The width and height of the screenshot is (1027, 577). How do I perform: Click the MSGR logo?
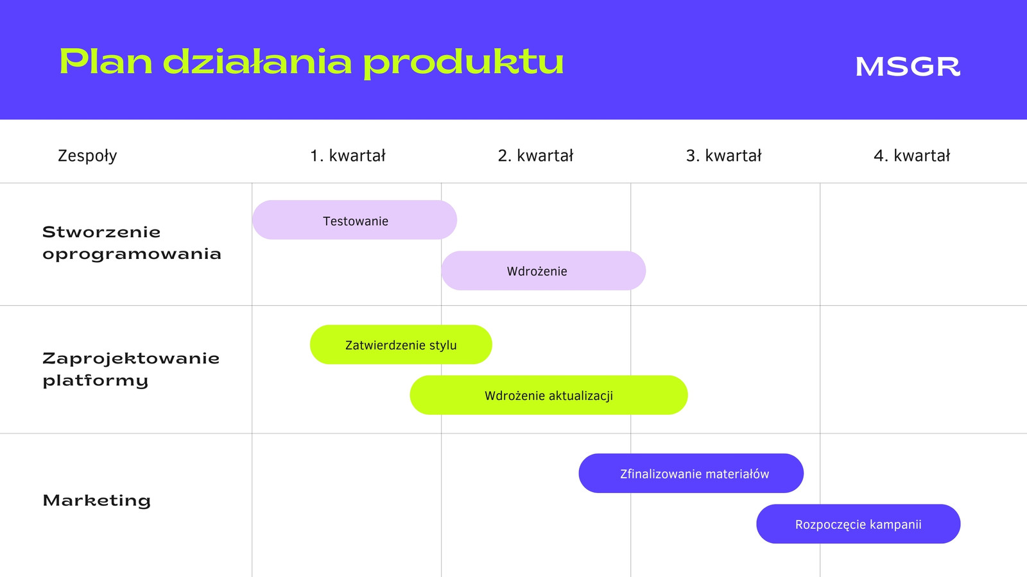coord(908,67)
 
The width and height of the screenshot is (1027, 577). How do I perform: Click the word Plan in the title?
coord(106,62)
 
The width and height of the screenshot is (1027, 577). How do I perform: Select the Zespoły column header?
coord(87,156)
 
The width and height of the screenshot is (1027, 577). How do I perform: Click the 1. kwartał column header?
coord(347,156)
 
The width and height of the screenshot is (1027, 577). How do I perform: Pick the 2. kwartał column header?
coord(535,156)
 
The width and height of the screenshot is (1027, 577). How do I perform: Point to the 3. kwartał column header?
coord(723,156)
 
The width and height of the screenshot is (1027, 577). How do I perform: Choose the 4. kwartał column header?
coord(912,156)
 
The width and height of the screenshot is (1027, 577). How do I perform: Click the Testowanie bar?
coord(354,220)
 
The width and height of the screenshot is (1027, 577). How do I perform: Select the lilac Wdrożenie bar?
coord(543,271)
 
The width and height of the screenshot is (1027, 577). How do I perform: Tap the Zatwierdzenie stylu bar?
coord(401,344)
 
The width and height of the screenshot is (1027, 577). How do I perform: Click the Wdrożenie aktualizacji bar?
coord(549,395)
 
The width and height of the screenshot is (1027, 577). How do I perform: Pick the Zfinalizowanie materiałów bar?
coord(691,474)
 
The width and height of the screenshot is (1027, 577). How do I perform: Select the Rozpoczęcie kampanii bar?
coord(858,524)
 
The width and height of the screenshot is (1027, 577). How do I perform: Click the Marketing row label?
coord(97,501)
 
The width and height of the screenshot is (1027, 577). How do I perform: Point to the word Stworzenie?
coord(101,232)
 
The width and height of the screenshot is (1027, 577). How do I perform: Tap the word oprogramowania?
coord(132,255)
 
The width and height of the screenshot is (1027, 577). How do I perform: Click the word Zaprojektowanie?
coord(131,359)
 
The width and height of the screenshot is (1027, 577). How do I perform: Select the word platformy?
coord(96,381)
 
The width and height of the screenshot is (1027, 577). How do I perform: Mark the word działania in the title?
coord(257,62)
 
